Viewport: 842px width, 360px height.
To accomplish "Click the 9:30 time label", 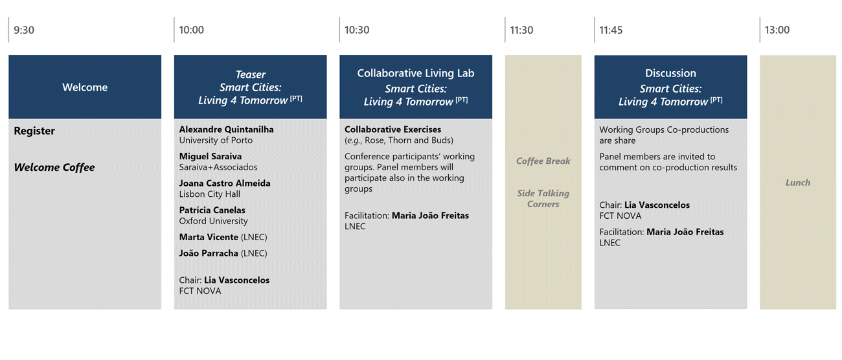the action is [24, 30].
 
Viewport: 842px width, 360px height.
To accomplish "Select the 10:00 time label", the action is [191, 30].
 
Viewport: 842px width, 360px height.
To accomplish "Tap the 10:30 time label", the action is [357, 30].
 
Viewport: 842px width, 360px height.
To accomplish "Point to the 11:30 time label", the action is [521, 30].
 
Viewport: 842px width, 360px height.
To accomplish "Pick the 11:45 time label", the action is [611, 30].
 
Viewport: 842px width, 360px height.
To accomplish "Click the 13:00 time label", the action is [777, 30].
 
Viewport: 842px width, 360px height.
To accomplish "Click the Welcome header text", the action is [85, 87].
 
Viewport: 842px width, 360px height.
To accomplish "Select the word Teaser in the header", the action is [251, 74].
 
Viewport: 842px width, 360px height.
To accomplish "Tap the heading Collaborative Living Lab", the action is [416, 73].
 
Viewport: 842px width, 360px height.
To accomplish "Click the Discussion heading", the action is [670, 73].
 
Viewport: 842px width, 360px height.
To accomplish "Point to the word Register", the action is [34, 131].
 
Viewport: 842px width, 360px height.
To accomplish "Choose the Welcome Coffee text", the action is [54, 167].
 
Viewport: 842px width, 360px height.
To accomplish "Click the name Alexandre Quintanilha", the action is [226, 129].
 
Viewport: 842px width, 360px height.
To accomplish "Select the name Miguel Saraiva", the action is [210, 156].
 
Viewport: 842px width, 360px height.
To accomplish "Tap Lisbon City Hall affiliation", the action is [209, 194].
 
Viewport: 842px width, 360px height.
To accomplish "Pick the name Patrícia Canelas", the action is [212, 210].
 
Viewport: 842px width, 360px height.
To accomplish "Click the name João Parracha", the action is [209, 253].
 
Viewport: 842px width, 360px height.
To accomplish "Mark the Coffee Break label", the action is [543, 161].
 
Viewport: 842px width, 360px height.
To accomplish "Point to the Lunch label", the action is [798, 183].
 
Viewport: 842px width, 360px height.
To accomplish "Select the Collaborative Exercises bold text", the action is [393, 129].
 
